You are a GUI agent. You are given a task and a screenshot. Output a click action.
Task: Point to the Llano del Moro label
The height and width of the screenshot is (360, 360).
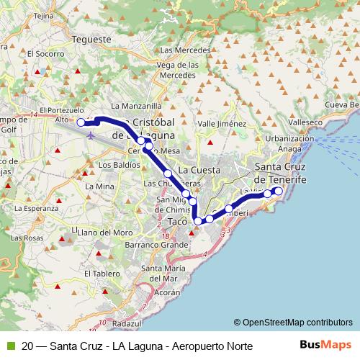pos(107,233)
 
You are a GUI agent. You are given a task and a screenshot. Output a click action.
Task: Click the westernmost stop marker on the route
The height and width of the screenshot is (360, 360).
pos(82,122)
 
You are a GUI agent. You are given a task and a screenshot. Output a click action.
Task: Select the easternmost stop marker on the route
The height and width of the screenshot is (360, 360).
pos(279,191)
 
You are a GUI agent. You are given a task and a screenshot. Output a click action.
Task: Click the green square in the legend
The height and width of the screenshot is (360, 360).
pos(9,346)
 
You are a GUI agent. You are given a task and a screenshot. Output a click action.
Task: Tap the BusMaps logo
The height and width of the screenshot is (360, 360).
pos(330,346)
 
